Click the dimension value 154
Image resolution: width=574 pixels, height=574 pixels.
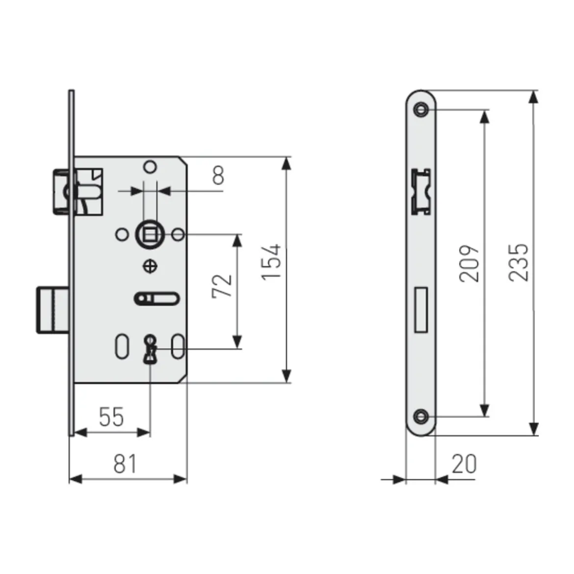point(271,262)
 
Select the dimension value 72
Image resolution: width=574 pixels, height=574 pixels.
point(222,286)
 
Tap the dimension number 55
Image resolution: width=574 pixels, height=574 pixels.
point(111,417)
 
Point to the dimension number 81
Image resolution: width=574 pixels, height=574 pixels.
point(125,464)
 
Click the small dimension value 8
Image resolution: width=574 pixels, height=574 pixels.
point(218,175)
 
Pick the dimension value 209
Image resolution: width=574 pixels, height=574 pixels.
point(469,263)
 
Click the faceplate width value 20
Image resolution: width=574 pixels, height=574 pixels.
point(464,464)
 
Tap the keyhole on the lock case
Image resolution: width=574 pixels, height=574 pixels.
point(150,349)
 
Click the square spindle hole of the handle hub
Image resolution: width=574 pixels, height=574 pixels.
point(150,235)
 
